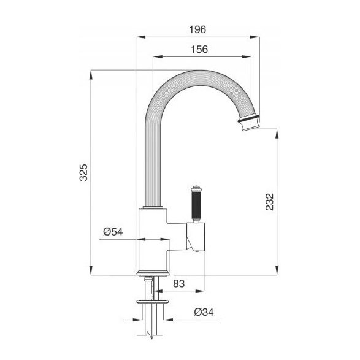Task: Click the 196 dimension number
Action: pos(197,29)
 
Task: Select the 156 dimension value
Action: pos(199,49)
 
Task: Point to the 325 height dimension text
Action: pos(83,172)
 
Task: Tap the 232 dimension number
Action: pos(270,202)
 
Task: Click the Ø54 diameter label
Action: pos(113,232)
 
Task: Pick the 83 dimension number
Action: pos(179,284)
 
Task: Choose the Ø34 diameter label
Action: pos(204,312)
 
